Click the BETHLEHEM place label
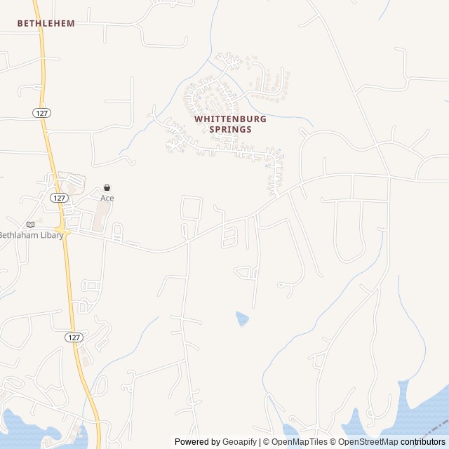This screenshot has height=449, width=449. (46, 23)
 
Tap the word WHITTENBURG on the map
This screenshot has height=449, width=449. (230, 119)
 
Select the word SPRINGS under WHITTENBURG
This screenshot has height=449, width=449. (230, 129)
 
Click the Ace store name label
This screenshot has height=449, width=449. (107, 199)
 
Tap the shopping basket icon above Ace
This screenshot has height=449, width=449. (107, 188)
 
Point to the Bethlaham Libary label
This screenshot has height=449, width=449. (31, 235)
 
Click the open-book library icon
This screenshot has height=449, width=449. (30, 224)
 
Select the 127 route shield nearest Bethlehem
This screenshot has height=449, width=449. (41, 112)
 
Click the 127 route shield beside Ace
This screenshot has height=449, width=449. (59, 199)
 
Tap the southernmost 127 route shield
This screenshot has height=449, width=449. (74, 337)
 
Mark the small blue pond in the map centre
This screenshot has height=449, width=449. (242, 319)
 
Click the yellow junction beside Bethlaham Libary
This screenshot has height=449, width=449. (62, 231)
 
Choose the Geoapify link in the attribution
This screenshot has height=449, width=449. (239, 442)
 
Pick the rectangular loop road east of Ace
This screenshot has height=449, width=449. (192, 208)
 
